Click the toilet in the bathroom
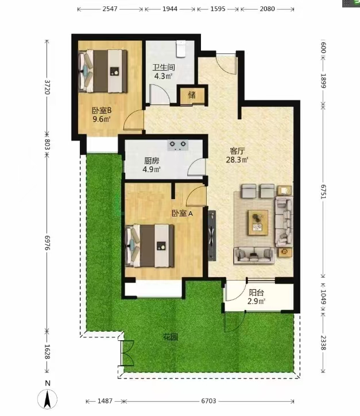coord(181,49)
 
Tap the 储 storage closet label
coord(192,95)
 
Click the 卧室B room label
coord(102,110)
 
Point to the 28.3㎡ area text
coord(237,160)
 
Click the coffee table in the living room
coord(258,223)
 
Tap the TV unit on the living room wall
coord(212,236)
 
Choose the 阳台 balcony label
coord(256,293)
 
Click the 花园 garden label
coord(170,337)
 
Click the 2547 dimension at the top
coord(110,9)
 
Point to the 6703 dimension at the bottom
coord(208,401)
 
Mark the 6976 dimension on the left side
coord(47,243)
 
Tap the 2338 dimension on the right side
coord(323,343)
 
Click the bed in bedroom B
coord(103,71)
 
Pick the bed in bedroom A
coord(149,246)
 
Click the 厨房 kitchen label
coord(152,161)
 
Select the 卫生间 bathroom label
coord(163,67)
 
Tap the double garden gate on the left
coord(126,353)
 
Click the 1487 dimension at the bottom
coord(105,401)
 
